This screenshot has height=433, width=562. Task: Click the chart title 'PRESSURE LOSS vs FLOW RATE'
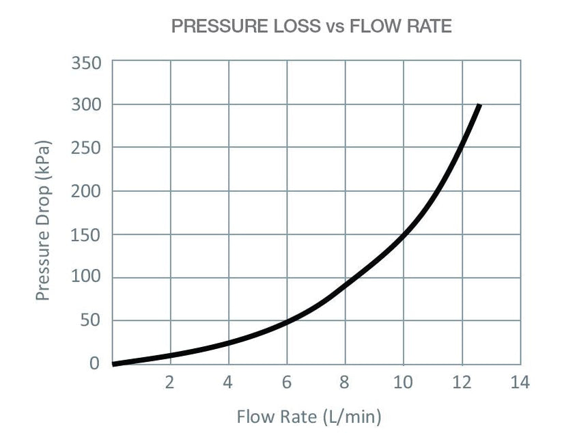[311, 27]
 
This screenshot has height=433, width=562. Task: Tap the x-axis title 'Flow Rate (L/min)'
[309, 415]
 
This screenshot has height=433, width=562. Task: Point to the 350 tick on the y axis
[86, 63]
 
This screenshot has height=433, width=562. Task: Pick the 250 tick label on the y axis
[86, 148]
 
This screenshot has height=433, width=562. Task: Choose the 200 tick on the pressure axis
[86, 191]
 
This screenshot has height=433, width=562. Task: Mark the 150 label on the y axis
[86, 235]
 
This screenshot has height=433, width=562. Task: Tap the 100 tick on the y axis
[86, 278]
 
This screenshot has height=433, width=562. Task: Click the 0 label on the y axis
[95, 364]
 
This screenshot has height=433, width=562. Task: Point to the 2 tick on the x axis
[170, 382]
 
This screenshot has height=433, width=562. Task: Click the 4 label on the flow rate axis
[229, 382]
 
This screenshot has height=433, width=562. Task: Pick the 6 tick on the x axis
[287, 382]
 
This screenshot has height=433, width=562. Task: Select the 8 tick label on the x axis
[345, 382]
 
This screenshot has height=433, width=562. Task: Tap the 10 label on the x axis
[404, 382]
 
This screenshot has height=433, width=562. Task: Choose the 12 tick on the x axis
[462, 382]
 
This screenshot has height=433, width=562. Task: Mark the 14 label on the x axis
[520, 382]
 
